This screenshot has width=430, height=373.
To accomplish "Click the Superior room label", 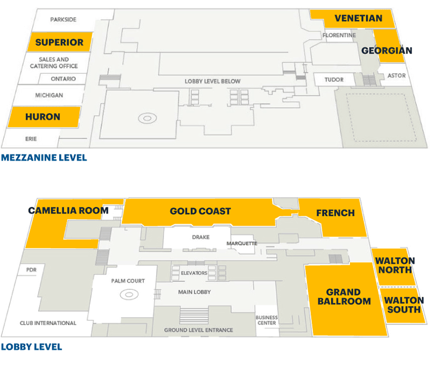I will coord(59,42).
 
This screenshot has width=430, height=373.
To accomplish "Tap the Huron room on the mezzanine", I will coord(42,116).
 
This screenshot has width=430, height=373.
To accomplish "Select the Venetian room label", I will coord(358,18).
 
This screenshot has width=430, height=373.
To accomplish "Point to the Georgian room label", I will coord(387,51).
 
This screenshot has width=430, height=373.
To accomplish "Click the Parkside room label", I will coord(63,20).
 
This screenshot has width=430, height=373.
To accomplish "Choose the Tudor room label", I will coord(334,80).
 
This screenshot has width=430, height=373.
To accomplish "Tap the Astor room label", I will coord(397,76).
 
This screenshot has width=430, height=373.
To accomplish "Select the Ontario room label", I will coord(64,79).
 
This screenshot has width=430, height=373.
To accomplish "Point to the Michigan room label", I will coord(49,95).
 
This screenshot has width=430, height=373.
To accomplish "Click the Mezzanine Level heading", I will coord(44,158).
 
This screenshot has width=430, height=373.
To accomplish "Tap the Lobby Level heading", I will coord(32,347).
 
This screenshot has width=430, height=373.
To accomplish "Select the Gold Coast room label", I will coord(200,212).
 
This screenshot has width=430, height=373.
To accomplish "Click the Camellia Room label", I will coord(69,210).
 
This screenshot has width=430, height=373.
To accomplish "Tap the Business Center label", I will coord(267,320).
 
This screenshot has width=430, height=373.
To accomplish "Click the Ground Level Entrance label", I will coord(199,330).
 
